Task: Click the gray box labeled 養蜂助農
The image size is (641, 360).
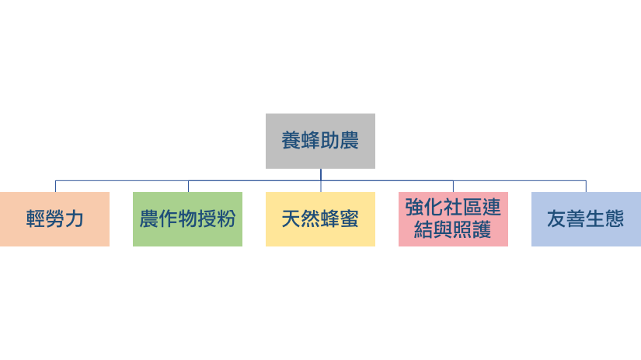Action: point(320,142)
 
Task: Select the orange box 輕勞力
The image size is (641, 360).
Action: point(55,219)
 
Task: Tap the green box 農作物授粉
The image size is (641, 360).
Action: point(188,219)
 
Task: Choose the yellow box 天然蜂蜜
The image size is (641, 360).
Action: point(320,219)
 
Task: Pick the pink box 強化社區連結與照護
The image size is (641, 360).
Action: point(453,219)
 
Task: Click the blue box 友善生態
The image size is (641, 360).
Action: point(586,219)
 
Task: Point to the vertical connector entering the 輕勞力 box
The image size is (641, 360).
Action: point(55,186)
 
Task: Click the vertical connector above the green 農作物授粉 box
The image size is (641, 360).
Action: point(188,186)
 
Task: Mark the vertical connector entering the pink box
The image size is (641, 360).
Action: point(453,186)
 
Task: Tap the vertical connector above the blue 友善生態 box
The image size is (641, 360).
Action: point(586,186)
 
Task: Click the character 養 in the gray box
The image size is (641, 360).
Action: point(291,141)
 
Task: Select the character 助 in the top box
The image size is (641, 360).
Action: point(329,141)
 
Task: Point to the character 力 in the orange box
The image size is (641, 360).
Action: point(75,218)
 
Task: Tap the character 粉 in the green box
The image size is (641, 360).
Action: point(226,218)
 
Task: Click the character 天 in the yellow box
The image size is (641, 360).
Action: point(291,218)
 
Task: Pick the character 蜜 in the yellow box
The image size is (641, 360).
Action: point(349,218)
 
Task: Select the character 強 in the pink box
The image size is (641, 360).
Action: point(415,208)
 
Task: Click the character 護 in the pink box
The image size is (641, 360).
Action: point(482,230)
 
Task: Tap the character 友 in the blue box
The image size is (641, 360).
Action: point(557,218)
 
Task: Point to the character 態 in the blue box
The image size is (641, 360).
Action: point(615,218)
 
